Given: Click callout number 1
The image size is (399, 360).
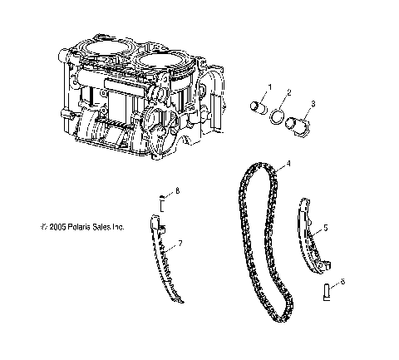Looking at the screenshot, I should (268, 87).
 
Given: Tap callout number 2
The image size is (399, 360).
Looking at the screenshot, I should (288, 92).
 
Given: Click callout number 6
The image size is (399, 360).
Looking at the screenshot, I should (342, 283).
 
